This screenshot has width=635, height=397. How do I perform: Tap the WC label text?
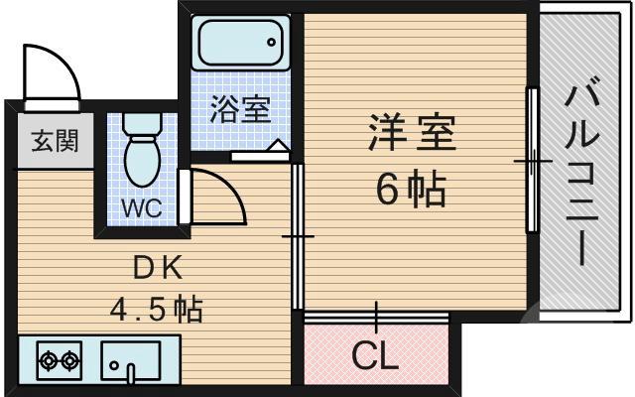tap(143, 209)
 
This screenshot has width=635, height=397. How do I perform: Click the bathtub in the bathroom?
tap(239, 43)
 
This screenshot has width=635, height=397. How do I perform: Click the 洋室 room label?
tap(412, 134)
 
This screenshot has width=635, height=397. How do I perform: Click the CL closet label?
tap(376, 354)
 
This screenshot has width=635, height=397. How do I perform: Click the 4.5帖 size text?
tap(155, 310)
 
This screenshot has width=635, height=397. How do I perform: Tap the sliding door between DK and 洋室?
tap(298, 237)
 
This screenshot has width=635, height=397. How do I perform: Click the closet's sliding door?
tap(376, 317)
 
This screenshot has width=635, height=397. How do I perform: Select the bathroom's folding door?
tap(261, 154)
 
